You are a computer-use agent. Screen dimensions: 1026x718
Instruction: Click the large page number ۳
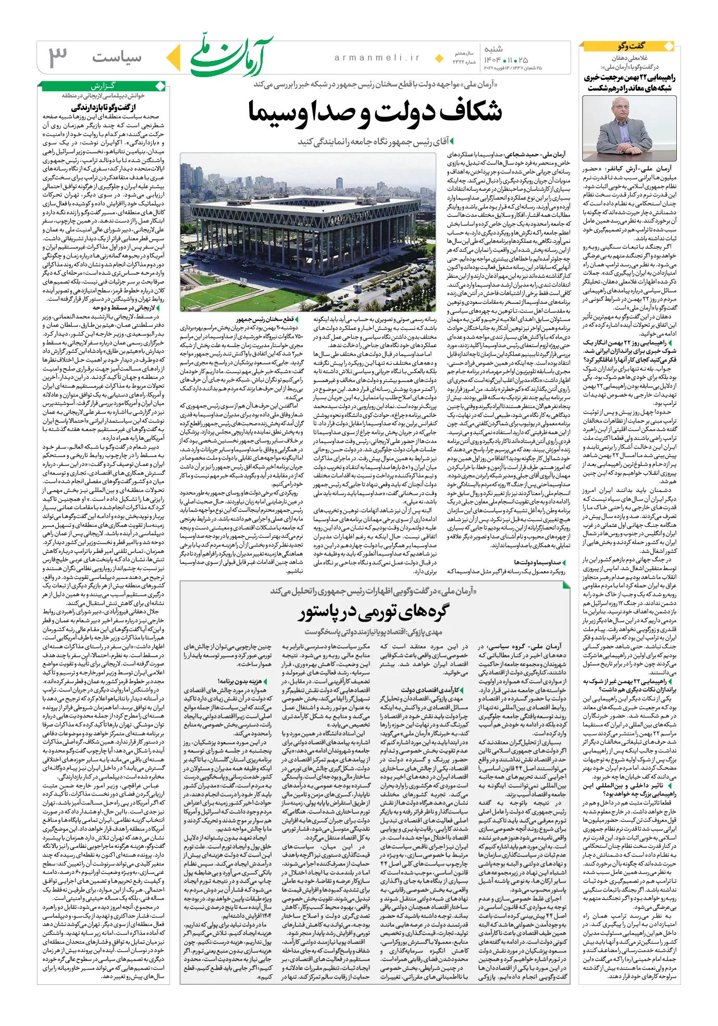pos(57,57)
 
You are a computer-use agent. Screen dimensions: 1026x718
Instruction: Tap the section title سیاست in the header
pos(117,57)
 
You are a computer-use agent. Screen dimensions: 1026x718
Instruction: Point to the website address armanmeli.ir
pos(377,58)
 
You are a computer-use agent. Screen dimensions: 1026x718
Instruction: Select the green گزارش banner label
pos(103,86)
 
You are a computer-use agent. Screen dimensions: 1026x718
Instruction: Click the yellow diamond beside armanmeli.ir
pos(439,58)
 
